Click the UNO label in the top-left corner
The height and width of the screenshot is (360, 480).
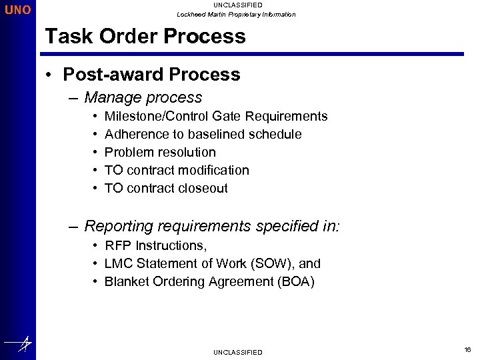(x=17, y=11)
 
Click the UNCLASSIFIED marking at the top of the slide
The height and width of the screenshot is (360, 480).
(x=237, y=5)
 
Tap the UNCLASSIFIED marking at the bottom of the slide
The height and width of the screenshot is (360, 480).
(x=237, y=352)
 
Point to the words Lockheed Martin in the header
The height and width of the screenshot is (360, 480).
(x=201, y=15)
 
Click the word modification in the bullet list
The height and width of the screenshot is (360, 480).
(x=213, y=171)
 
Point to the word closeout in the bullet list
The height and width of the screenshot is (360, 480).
(x=199, y=189)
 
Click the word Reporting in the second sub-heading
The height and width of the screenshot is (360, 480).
(x=119, y=227)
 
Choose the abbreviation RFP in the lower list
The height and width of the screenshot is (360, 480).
(x=118, y=246)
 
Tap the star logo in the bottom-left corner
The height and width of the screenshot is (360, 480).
(x=18, y=344)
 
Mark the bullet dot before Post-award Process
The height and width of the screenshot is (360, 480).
(x=50, y=75)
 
